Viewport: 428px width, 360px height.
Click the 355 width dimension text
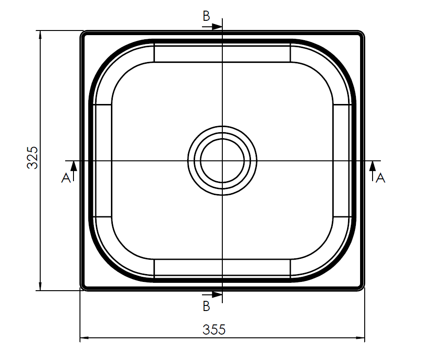click(214, 329)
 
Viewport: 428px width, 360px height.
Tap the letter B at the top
click(206, 16)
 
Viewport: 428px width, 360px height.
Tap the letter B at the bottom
click(206, 306)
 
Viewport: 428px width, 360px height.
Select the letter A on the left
click(66, 178)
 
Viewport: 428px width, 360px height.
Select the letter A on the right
click(380, 178)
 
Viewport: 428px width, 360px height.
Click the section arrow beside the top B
click(216, 27)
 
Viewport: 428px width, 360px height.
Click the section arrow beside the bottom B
click(216, 294)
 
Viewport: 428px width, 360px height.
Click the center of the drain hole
click(222, 161)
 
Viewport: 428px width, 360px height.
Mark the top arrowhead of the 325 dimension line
click(41, 35)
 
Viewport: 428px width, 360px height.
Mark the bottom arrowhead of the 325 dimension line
click(41, 286)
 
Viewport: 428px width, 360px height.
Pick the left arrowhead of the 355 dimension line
click(85, 339)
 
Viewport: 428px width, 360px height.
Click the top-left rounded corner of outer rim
click(83, 34)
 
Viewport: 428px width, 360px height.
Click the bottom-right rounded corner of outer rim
click(361, 288)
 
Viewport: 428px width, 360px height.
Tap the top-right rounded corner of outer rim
click(361, 34)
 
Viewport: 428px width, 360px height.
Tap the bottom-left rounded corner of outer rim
click(83, 288)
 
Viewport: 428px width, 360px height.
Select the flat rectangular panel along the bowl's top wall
click(222, 53)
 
